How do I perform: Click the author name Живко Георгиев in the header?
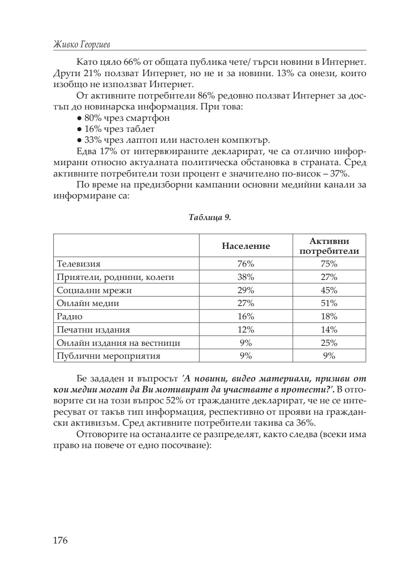click(x=82, y=45)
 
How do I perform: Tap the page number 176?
click(x=60, y=540)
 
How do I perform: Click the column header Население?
click(x=246, y=246)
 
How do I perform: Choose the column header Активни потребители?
click(x=329, y=246)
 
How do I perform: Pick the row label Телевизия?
click(x=79, y=264)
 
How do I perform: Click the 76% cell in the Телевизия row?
click(x=246, y=264)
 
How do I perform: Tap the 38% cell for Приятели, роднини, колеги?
click(x=246, y=277)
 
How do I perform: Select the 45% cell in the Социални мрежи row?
click(x=329, y=290)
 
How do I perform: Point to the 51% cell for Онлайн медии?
click(x=329, y=303)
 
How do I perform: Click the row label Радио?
click(x=70, y=316)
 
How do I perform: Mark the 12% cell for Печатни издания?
click(x=246, y=330)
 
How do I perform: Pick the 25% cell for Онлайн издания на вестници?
click(x=329, y=343)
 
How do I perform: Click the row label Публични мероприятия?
click(x=108, y=356)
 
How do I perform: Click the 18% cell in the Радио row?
click(x=329, y=316)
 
